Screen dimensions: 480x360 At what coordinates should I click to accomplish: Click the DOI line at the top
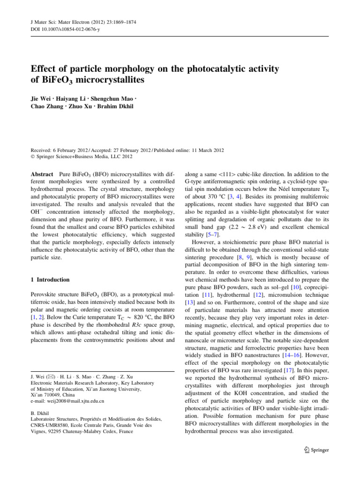pyautogui.click(x=57, y=29)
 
